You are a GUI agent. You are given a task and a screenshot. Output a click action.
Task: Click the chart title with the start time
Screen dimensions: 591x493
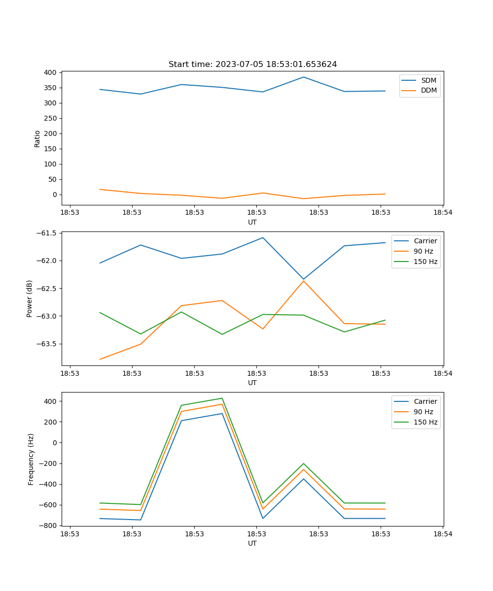tap(252, 65)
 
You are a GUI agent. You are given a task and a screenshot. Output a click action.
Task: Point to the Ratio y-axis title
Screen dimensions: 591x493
tap(37, 138)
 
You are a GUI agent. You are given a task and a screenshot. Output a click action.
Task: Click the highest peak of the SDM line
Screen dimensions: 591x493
tap(304, 77)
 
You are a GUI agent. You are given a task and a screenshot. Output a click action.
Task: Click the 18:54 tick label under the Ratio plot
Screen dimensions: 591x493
tap(443, 212)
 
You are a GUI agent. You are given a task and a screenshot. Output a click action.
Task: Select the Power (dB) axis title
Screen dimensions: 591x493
tap(30, 298)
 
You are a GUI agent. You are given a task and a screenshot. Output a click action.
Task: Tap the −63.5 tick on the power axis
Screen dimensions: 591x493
tap(46, 344)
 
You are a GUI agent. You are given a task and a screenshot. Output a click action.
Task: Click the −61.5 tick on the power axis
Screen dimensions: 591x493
tap(46, 233)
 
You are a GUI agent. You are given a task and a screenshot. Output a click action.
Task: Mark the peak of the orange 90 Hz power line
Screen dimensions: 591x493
tap(304, 281)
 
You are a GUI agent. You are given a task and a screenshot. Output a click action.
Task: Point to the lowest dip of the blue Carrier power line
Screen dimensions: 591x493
tap(304, 279)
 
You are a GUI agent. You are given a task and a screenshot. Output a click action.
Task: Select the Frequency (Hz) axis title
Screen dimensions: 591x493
tap(31, 459)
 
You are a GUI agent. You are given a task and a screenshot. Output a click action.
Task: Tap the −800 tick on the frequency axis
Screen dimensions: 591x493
tap(48, 525)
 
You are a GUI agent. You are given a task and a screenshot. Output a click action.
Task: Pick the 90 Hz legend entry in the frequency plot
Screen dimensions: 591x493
tap(423, 412)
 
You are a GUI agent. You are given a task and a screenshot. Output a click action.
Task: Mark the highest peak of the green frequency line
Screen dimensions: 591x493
tap(222, 398)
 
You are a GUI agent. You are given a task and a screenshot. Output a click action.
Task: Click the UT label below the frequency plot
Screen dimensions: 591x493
tap(252, 543)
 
